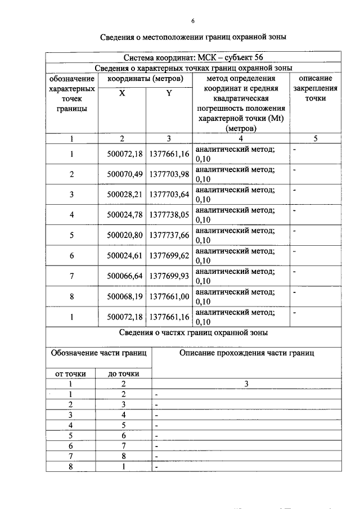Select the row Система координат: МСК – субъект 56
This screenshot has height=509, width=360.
tap(193, 57)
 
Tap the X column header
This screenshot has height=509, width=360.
tap(122, 93)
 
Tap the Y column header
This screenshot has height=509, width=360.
tap(169, 93)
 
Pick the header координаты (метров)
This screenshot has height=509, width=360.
tap(146, 78)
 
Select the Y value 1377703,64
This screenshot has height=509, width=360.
tap(169, 195)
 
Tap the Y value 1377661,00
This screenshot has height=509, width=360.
tap(169, 297)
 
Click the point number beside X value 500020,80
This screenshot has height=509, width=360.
tap(71, 236)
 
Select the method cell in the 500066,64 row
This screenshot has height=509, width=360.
tap(241, 276)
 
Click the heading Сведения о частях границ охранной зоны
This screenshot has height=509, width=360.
tap(193, 332)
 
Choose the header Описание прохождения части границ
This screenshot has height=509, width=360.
tap(246, 353)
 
